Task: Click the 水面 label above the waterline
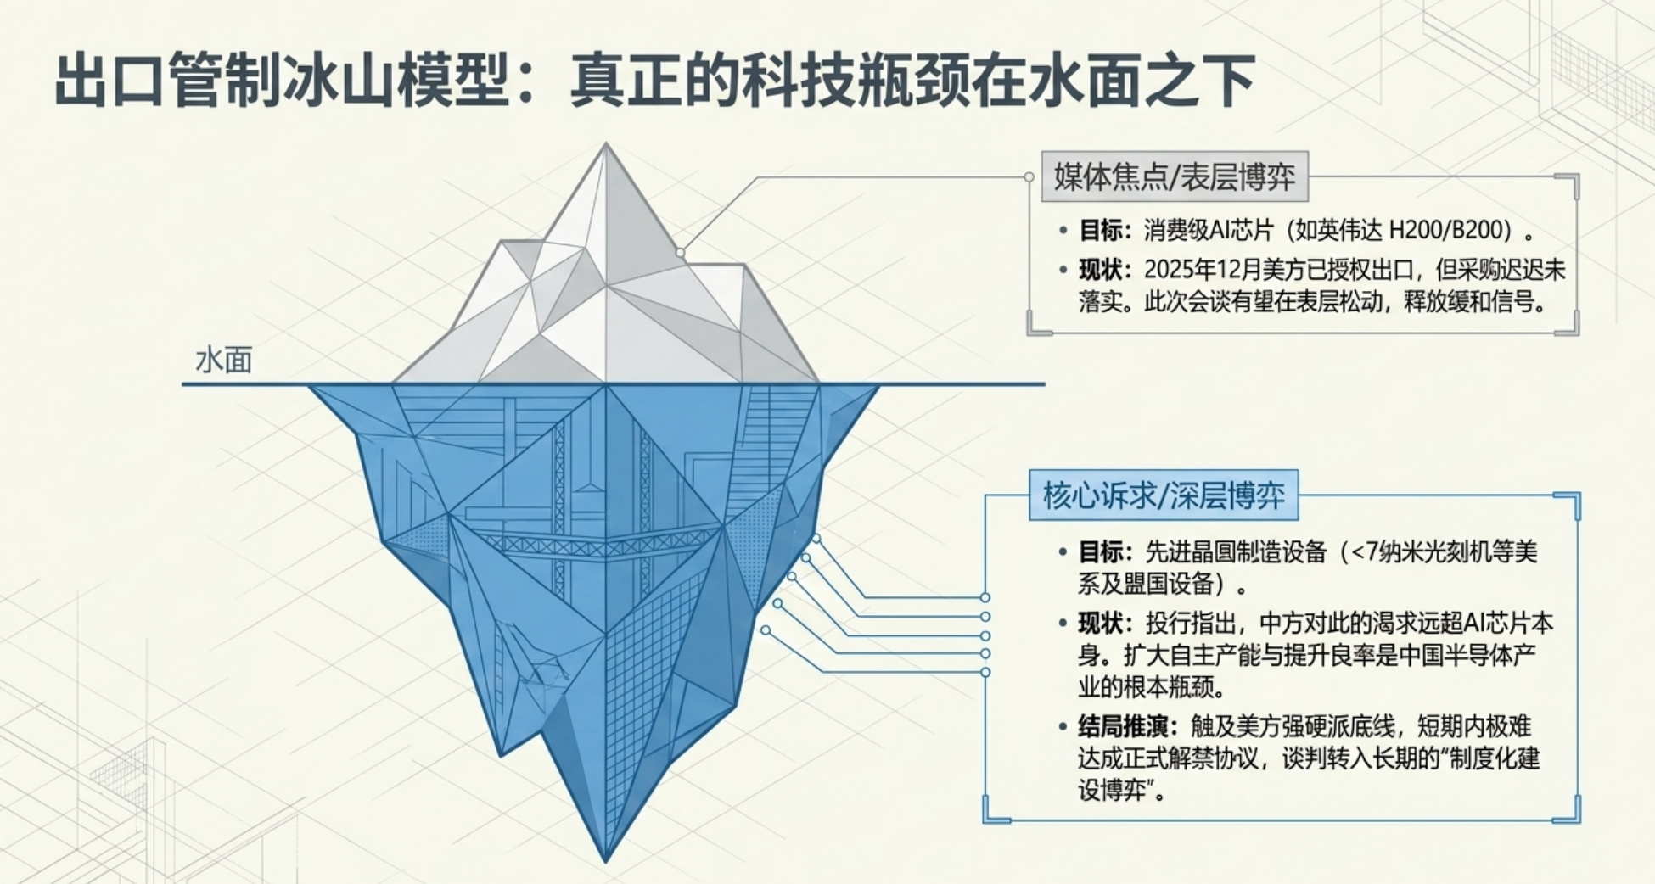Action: tap(224, 360)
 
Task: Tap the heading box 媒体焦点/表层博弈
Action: tap(1175, 177)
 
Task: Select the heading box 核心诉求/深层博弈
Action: tap(1164, 495)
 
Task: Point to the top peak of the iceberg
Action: tap(606, 143)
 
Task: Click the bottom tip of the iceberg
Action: tap(606, 861)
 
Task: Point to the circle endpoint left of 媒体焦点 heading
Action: tap(1029, 177)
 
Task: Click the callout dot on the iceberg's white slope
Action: tap(680, 253)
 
